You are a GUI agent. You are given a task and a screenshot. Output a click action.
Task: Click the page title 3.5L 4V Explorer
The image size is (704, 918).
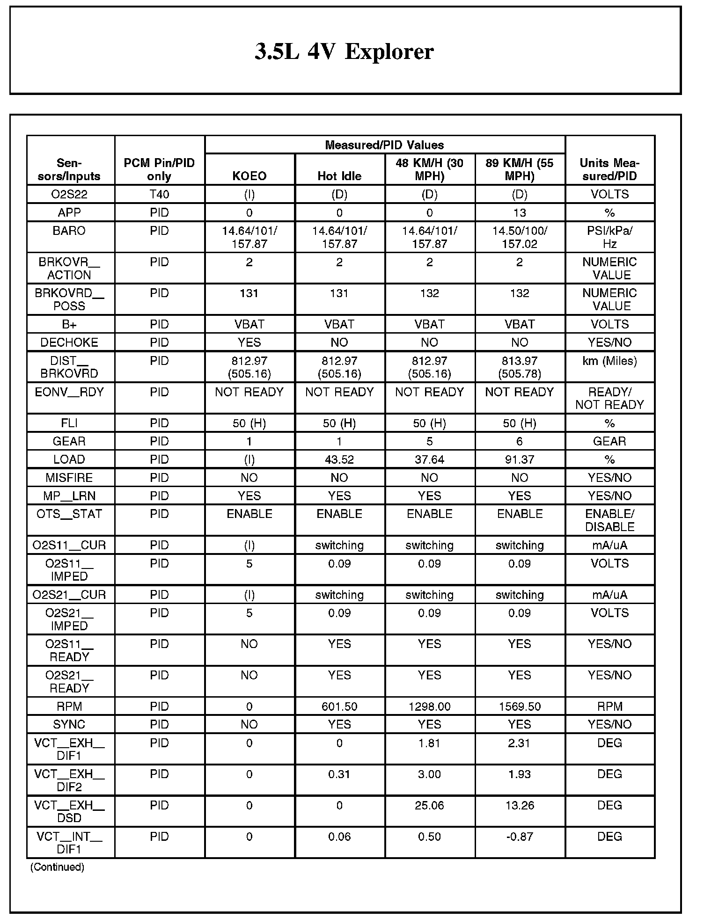[344, 51]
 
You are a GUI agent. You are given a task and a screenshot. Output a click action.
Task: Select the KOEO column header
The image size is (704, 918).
[249, 176]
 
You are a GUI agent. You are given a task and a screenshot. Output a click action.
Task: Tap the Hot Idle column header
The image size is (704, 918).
[339, 176]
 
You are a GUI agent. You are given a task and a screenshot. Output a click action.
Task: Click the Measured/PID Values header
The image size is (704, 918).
[384, 145]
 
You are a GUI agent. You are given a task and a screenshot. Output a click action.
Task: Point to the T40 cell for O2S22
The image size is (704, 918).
[159, 194]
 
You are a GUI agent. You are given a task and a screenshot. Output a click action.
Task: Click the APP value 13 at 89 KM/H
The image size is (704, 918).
[520, 213]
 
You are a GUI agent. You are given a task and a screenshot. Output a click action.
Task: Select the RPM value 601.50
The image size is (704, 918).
[339, 707]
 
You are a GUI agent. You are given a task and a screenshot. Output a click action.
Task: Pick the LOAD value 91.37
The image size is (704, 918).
[520, 459]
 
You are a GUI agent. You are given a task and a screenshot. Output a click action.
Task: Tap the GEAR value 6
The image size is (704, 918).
[520, 441]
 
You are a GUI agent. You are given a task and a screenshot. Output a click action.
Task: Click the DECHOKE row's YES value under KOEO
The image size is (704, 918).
[249, 342]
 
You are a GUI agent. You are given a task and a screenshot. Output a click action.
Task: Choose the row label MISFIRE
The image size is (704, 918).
[69, 478]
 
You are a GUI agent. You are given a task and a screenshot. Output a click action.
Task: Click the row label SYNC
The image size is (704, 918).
[69, 724]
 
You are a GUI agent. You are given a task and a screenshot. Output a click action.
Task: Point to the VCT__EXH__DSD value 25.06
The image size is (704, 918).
[429, 805]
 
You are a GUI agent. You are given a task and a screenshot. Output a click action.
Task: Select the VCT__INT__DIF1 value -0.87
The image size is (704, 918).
[520, 837]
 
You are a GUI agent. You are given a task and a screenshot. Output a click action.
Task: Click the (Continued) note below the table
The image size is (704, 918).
[57, 867]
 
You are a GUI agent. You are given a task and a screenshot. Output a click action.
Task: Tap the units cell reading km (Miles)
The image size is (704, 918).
[609, 361]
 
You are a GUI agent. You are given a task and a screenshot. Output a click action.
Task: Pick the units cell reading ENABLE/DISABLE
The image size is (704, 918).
[609, 520]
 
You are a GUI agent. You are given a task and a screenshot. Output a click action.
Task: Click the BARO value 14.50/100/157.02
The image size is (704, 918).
[520, 237]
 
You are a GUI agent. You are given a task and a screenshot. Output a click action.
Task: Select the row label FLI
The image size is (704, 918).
[69, 423]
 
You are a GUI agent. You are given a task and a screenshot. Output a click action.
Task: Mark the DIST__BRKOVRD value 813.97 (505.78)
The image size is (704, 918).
[520, 367]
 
